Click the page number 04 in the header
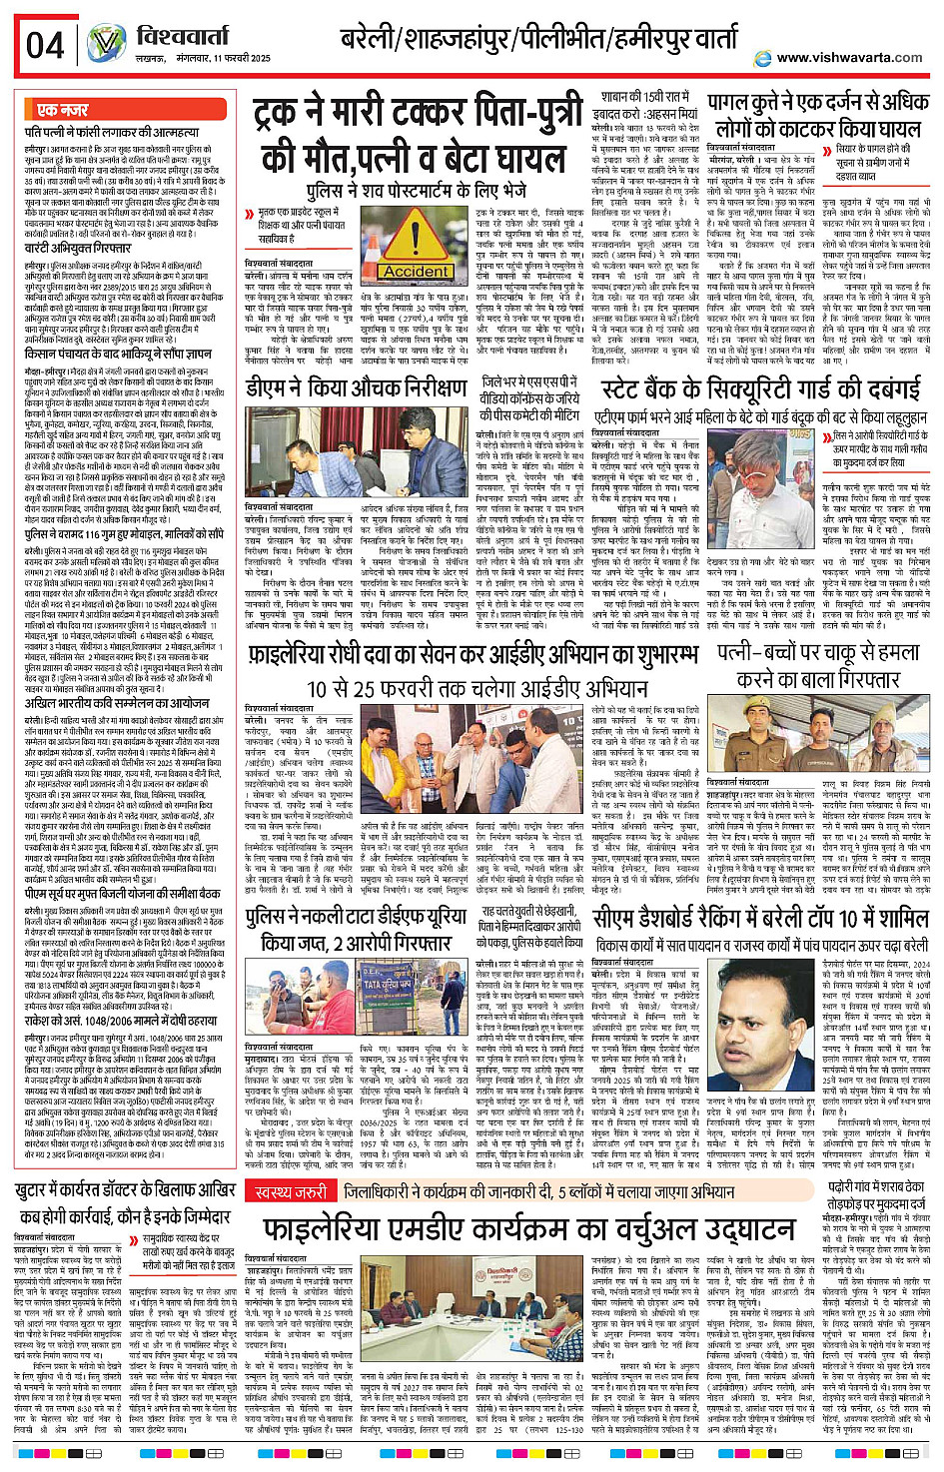[45, 45]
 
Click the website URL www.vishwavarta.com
[849, 58]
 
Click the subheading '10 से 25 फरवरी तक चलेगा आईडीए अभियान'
[477, 688]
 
